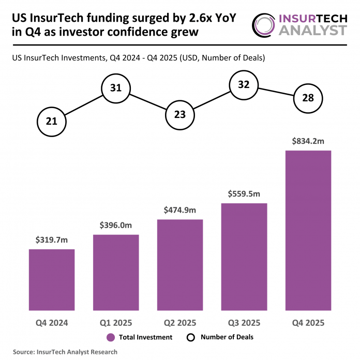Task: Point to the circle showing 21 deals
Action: pos(52,122)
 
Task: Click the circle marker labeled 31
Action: pos(116,88)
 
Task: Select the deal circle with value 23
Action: pos(180,115)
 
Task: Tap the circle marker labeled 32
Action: pos(244,84)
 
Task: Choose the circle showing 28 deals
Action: pos(308,98)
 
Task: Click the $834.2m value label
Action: pos(308,141)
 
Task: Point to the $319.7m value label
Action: pos(52,240)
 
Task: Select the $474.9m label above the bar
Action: pos(180,210)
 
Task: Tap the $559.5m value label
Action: pos(244,194)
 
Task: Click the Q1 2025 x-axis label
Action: pos(116,323)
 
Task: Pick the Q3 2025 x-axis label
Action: pos(244,323)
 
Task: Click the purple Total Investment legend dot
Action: pos(111,337)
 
